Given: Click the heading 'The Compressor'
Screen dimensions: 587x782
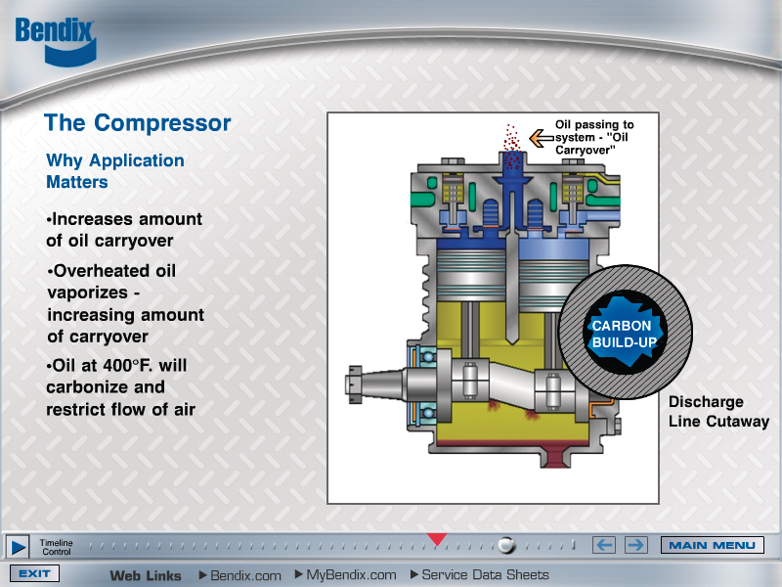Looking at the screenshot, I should coord(138,123).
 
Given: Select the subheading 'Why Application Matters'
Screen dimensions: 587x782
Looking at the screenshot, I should coord(114,171).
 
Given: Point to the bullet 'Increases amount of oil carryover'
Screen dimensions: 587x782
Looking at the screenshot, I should coord(124,230).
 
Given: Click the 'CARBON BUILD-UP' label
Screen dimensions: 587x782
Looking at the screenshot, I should coord(628,334).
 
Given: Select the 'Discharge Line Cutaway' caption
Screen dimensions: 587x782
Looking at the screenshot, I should coord(717,412).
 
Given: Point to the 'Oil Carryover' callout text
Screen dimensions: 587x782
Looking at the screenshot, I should coord(591,144).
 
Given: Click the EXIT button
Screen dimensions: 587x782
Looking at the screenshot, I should coord(34,574).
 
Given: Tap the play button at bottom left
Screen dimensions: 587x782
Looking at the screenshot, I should coord(17,546).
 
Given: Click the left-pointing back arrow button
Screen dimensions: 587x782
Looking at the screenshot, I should coord(605,545).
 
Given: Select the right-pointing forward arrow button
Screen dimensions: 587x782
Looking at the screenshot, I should coord(635,545).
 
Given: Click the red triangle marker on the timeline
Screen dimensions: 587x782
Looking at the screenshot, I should coord(437,538).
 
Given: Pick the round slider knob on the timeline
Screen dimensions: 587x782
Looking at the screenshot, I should coord(505,545).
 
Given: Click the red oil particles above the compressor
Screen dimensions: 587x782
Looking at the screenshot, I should coord(510,136).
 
